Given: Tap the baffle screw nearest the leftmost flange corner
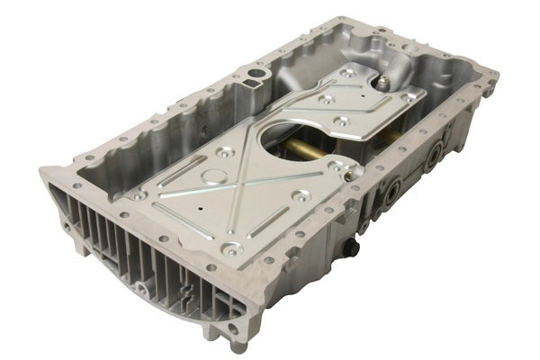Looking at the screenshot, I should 137,195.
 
